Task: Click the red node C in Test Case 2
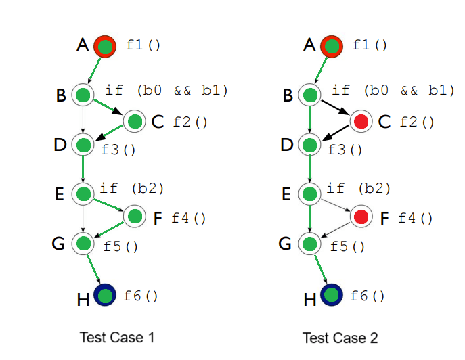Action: tap(361, 122)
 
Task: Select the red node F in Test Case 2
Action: tap(361, 217)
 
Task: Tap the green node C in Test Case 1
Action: tap(135, 122)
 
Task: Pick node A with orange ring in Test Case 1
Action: tap(105, 46)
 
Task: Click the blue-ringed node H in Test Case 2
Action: tap(331, 295)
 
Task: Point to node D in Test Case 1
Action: tap(83, 145)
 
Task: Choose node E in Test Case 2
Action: tap(310, 195)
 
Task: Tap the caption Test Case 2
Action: tap(340, 337)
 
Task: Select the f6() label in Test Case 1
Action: tap(140, 296)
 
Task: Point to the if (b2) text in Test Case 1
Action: tap(132, 187)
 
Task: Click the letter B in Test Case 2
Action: tap(288, 95)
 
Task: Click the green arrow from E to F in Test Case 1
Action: tap(108, 206)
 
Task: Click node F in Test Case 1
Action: tap(135, 217)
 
